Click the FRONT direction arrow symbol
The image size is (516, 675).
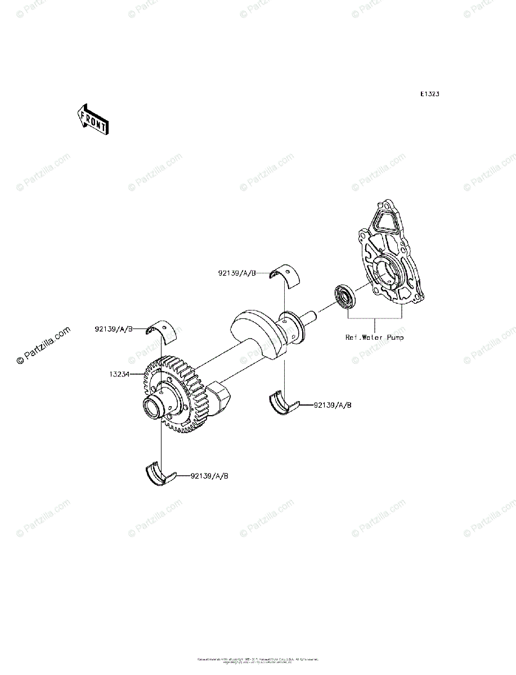coord(93,119)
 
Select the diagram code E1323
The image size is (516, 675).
coord(429,94)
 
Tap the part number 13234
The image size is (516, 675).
coord(119,373)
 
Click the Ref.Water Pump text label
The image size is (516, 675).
coord(374,337)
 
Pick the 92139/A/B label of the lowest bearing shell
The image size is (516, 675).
coord(209,476)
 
